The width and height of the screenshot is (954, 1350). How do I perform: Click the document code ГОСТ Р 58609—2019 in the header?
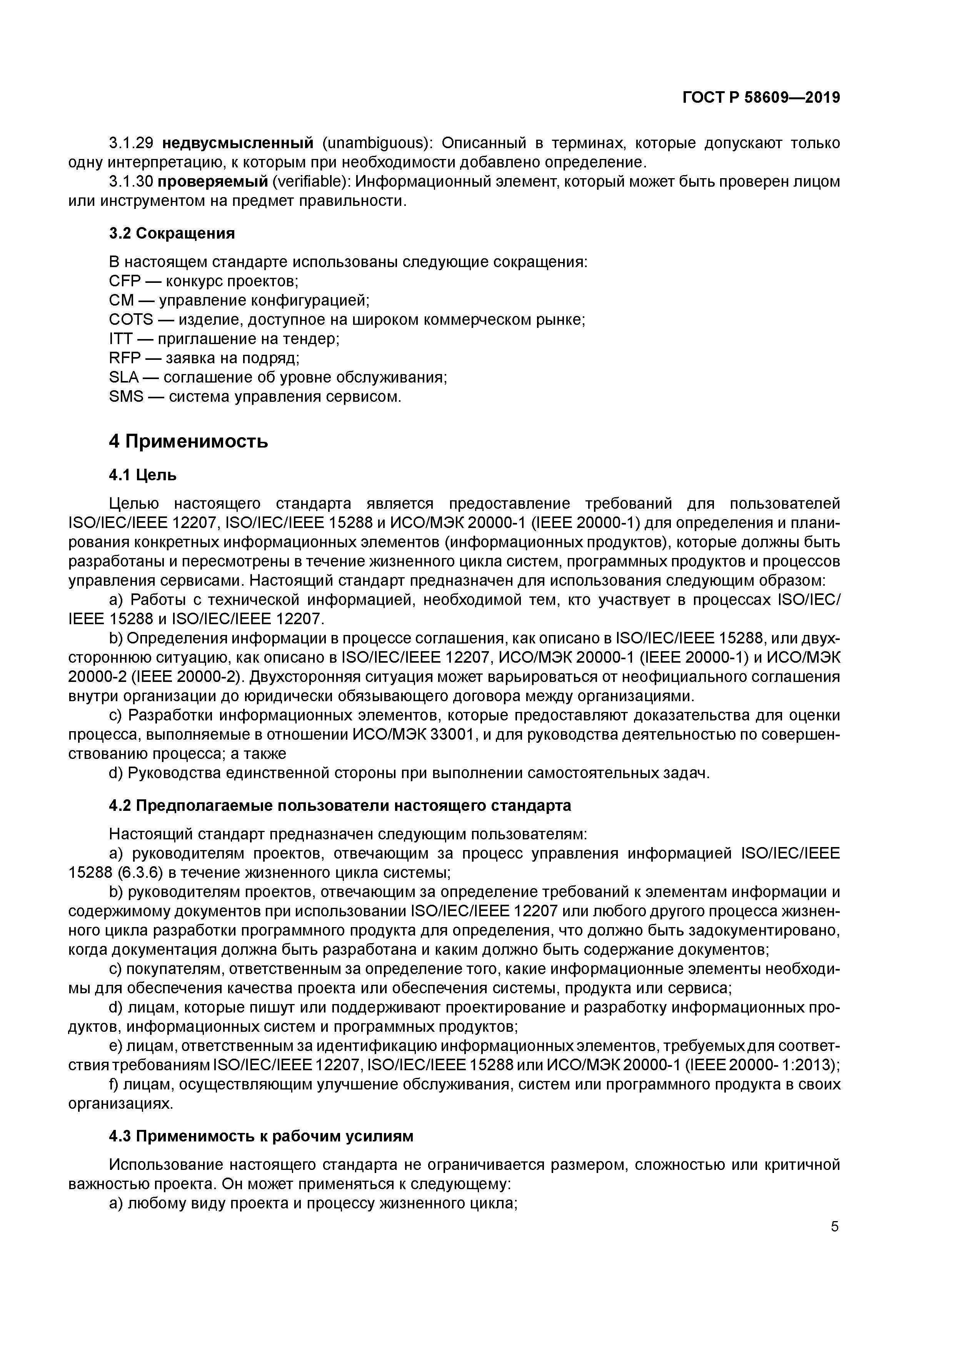coord(761,98)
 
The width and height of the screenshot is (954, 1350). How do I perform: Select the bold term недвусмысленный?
coord(237,143)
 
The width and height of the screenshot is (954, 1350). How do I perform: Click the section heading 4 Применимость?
coord(188,441)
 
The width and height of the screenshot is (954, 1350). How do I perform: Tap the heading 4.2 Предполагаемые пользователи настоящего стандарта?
coord(340,805)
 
